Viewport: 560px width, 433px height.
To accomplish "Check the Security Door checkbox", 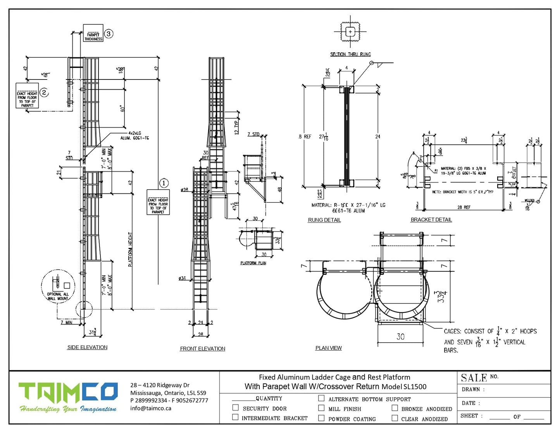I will (x=235, y=407).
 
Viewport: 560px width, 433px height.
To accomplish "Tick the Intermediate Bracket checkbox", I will (x=235, y=417).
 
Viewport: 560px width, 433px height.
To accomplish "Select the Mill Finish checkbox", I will (x=321, y=408).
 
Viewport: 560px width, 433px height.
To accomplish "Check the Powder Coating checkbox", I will (x=321, y=418).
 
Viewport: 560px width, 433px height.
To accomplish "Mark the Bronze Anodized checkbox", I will (x=395, y=408).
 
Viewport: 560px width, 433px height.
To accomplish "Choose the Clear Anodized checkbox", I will (x=395, y=418).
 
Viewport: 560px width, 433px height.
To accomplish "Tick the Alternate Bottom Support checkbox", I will (x=321, y=398).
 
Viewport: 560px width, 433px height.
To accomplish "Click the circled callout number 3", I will (x=109, y=34).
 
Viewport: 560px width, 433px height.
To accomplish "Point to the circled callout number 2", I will (x=44, y=92).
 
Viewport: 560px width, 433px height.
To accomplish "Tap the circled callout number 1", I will (x=164, y=183).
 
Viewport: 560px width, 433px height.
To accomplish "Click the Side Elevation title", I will (x=87, y=347).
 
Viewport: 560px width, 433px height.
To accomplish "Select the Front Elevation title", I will (x=202, y=349).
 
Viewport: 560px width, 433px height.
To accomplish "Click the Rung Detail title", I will (x=324, y=220).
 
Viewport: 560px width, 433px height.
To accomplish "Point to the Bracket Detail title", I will (x=431, y=220).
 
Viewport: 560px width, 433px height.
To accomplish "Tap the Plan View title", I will (x=329, y=348).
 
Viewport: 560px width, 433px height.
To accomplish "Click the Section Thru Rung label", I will (x=350, y=55).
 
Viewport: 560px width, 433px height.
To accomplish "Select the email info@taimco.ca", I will (x=151, y=408).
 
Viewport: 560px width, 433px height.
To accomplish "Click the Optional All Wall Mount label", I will (x=58, y=297).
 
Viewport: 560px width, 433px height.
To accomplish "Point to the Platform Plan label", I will (x=253, y=263).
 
